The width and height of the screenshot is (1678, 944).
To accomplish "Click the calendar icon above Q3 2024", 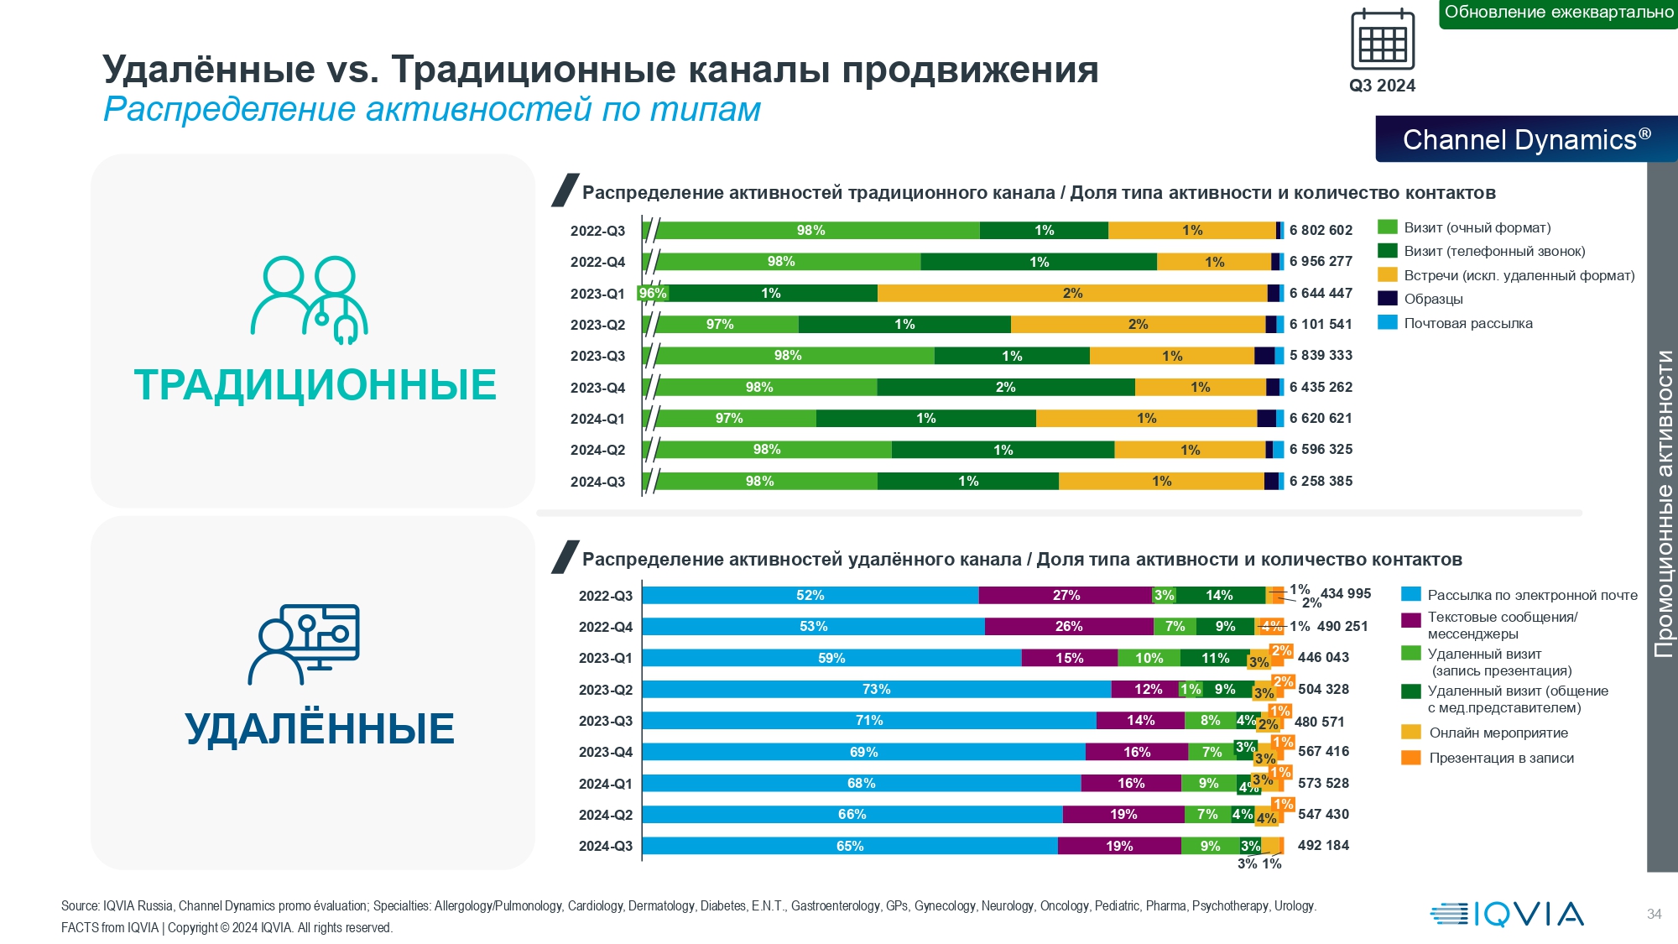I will (x=1382, y=39).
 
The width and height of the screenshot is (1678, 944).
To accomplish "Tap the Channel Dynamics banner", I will (x=1526, y=139).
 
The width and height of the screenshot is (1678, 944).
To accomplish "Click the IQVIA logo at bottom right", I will (x=1507, y=914).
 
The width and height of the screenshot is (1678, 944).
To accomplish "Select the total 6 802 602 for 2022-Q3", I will (x=1321, y=230).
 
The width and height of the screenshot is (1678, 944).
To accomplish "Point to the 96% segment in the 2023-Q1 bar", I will (x=653, y=293).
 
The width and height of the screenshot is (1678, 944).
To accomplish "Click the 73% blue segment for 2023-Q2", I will (x=876, y=689).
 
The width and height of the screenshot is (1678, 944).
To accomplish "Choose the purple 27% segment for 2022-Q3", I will (x=1066, y=595).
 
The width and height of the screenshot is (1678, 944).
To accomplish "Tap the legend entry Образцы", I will (x=1433, y=299).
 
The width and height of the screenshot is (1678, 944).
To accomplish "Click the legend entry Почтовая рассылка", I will (x=1467, y=323).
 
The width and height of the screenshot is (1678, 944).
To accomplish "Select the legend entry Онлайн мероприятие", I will (x=1498, y=733).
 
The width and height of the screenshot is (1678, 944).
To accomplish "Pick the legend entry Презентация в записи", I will (x=1501, y=758).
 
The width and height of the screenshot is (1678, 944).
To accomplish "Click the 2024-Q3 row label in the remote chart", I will (x=605, y=846).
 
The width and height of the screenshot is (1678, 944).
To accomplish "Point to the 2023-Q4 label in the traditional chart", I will (x=597, y=388).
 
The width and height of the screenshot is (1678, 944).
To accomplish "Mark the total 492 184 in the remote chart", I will (x=1323, y=845).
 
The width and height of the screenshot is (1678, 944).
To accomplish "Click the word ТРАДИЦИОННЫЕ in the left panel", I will (x=315, y=385).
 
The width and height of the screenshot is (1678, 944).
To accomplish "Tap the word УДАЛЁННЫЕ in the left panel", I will (x=320, y=728).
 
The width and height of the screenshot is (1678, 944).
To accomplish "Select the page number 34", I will (x=1654, y=914).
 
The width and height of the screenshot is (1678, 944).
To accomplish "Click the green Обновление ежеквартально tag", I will (x=1558, y=13).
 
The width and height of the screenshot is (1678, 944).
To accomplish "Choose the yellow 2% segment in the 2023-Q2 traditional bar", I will (x=1138, y=324).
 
